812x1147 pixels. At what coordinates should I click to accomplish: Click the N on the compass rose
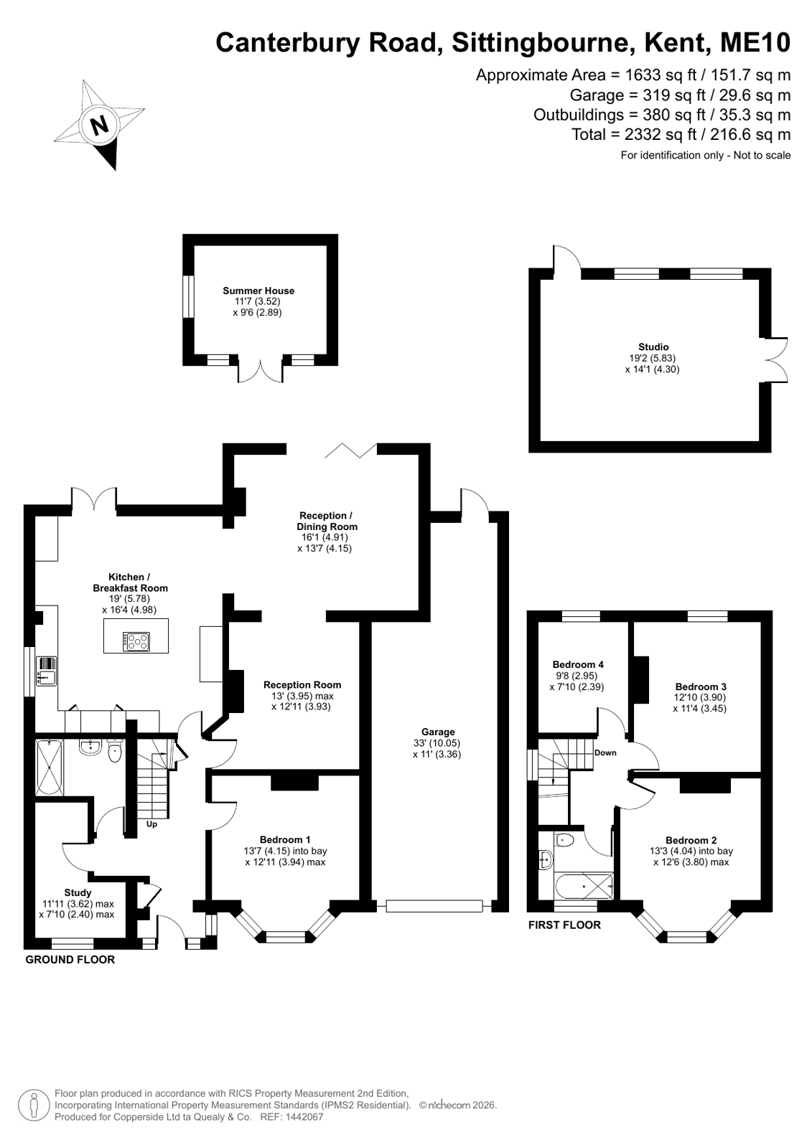100,124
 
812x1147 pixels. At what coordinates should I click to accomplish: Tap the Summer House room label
258,291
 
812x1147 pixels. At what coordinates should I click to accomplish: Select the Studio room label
653,347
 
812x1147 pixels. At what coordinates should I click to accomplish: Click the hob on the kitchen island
136,641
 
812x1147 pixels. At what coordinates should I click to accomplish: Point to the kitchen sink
47,671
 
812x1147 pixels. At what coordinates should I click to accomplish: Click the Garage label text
438,732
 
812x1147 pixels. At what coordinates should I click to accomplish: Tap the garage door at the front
434,906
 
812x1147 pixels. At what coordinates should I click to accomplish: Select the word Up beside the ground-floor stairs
151,824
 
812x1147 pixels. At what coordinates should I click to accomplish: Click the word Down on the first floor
605,752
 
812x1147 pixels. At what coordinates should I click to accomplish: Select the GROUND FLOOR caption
70,960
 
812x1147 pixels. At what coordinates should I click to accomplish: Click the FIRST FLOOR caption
564,925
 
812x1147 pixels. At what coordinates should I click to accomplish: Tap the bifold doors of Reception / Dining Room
351,450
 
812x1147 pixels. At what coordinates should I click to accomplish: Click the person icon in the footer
34,1105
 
